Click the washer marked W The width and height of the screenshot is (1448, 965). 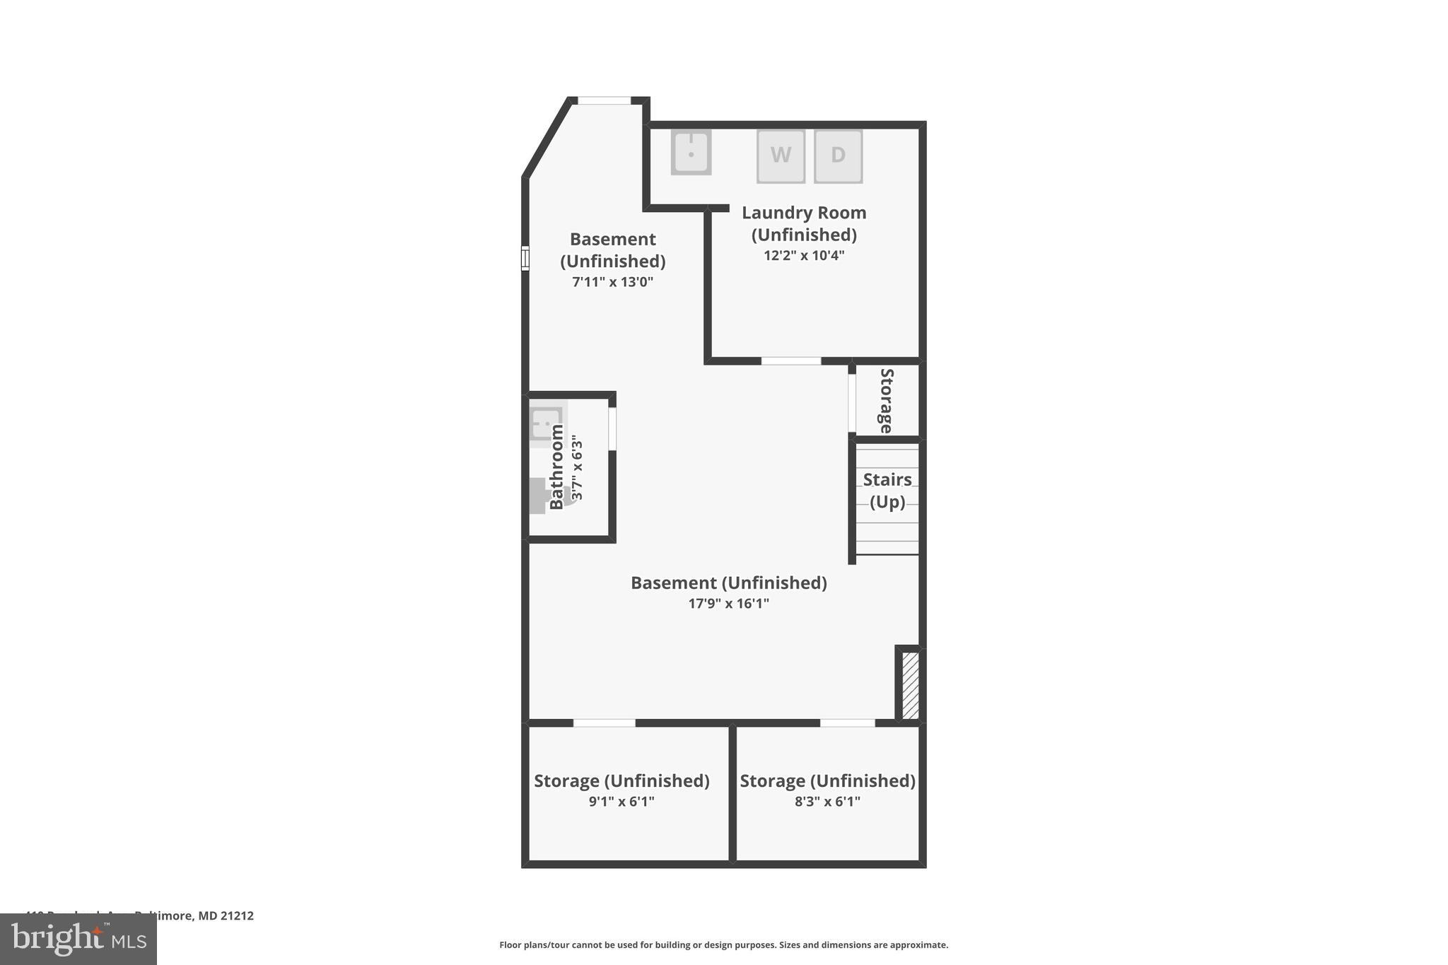[x=781, y=156]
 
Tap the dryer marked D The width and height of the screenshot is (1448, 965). [x=838, y=156]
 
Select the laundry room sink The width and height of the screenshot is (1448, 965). [x=691, y=152]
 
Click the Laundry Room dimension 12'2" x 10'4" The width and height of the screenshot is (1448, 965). [x=804, y=255]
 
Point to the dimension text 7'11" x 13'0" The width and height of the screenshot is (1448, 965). [x=612, y=282]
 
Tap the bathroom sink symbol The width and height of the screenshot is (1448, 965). [x=546, y=424]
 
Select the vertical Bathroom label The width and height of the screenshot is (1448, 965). [x=557, y=467]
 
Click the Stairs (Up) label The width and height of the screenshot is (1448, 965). [x=887, y=491]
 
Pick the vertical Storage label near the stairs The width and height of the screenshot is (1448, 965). [x=886, y=400]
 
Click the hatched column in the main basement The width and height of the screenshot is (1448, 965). [x=910, y=684]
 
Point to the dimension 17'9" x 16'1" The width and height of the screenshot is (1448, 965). [x=728, y=604]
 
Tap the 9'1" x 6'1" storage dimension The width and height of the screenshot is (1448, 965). [x=621, y=802]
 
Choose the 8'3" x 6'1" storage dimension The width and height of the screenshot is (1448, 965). [x=827, y=802]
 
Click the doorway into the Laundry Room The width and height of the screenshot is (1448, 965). [x=790, y=361]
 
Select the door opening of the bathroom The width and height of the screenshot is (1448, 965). [x=612, y=428]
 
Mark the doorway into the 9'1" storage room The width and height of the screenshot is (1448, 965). [x=604, y=723]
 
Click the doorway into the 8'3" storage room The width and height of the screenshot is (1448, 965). [x=847, y=723]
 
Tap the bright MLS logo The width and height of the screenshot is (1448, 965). [x=78, y=940]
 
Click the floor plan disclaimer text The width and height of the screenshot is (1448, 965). [x=723, y=945]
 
